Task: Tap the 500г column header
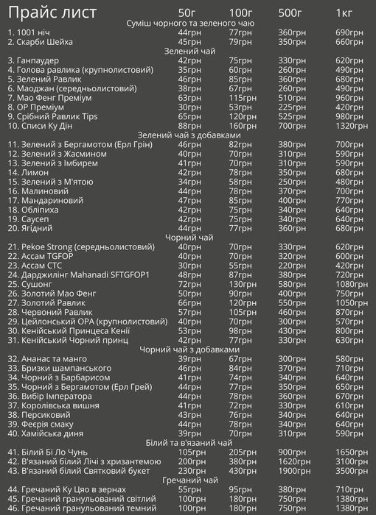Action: pos(289,13)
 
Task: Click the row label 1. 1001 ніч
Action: pos(30,33)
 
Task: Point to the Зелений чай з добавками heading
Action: pos(189,135)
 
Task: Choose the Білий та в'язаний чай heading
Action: pos(189,443)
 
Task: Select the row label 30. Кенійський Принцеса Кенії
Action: pos(70,330)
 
